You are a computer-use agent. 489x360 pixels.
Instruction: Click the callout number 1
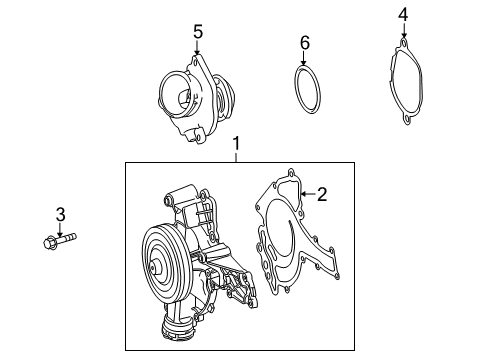click(237, 145)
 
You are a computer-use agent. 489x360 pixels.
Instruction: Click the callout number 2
click(321, 194)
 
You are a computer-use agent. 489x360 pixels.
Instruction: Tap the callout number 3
click(60, 214)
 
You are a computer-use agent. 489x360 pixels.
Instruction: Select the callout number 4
click(402, 14)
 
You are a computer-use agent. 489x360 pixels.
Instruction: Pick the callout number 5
click(197, 31)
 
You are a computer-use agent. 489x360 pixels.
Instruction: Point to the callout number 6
click(306, 42)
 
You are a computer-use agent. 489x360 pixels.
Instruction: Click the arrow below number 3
click(60, 229)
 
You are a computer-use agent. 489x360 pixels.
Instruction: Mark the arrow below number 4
click(402, 32)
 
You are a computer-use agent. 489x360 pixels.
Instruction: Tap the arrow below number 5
click(197, 47)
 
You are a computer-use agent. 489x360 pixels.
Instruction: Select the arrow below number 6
click(306, 59)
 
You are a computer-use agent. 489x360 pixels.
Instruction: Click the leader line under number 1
click(237, 157)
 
